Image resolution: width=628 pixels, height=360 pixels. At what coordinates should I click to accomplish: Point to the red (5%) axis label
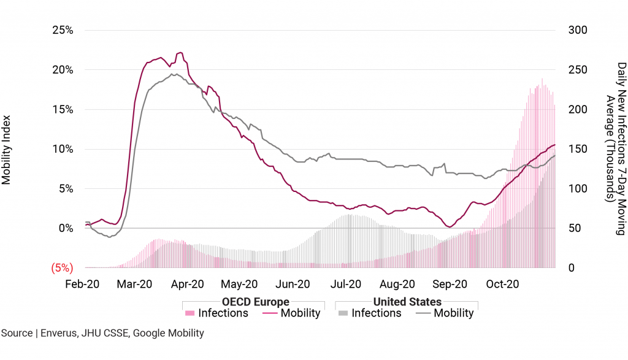tap(61, 267)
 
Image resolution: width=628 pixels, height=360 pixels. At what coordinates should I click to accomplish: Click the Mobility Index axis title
tap(7, 149)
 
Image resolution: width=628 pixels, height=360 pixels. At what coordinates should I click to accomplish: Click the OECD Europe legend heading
tap(256, 302)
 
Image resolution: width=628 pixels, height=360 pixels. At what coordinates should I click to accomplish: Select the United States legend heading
tap(407, 302)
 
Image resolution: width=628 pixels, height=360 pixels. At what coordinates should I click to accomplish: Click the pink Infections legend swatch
tap(190, 313)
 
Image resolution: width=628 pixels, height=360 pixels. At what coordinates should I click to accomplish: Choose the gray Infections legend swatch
tap(343, 313)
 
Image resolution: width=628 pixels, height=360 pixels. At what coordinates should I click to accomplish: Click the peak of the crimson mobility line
tap(180, 53)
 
